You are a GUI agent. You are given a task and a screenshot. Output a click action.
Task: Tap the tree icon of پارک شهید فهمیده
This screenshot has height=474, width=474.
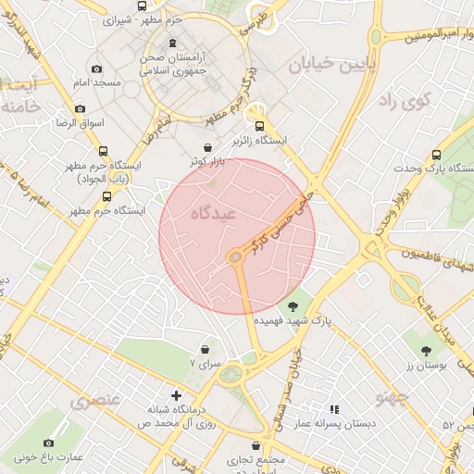[293, 306]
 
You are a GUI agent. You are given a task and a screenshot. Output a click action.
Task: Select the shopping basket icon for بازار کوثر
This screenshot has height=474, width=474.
[207, 147]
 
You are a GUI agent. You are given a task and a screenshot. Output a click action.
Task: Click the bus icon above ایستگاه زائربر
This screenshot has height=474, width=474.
[259, 126]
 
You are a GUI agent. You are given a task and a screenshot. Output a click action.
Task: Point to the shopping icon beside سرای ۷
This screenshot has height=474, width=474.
[205, 350]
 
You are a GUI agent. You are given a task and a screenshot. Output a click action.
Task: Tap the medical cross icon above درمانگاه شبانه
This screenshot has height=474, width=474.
[176, 395]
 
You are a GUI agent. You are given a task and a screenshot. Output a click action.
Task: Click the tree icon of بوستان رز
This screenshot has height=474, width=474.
[426, 351]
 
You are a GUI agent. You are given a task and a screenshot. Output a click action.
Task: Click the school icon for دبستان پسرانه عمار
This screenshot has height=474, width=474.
[335, 408]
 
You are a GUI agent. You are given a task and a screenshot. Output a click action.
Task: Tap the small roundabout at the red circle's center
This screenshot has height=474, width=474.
[236, 256]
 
